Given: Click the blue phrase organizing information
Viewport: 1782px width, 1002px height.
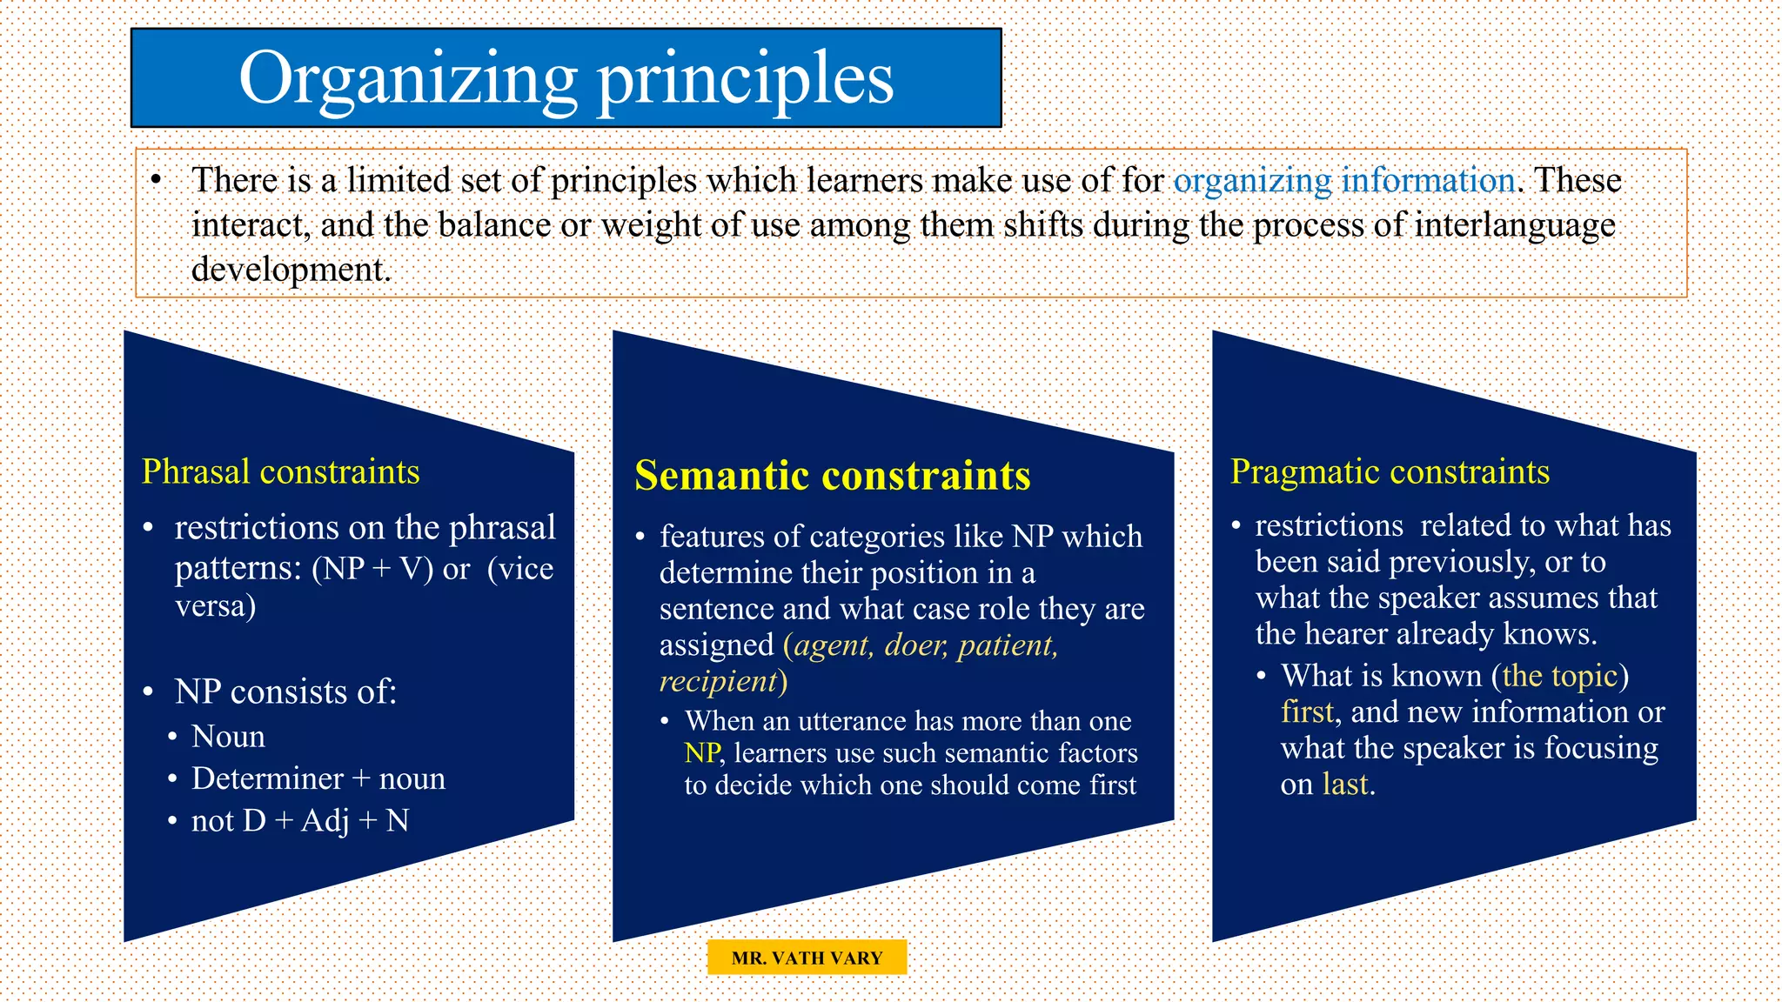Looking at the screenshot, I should pyautogui.click(x=1343, y=181).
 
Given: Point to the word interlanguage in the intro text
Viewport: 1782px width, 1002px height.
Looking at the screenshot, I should pyautogui.click(x=1515, y=225).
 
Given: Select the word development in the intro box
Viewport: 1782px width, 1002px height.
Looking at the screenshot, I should pyautogui.click(x=290, y=270).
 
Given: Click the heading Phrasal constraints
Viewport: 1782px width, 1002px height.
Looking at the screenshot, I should pyautogui.click(x=280, y=472).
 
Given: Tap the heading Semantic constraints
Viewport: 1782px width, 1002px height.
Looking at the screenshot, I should pyautogui.click(x=832, y=477).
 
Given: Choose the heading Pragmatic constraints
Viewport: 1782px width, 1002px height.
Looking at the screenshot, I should pyautogui.click(x=1390, y=472).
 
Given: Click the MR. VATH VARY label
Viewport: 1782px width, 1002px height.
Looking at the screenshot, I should pyautogui.click(x=807, y=958).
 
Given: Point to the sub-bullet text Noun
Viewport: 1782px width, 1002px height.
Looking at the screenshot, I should pyautogui.click(x=228, y=737).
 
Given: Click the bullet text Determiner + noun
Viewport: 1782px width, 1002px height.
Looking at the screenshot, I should pyautogui.click(x=318, y=778).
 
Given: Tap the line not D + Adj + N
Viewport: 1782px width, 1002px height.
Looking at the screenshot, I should pyautogui.click(x=299, y=821).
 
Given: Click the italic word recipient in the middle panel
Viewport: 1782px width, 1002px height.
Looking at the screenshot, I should pyautogui.click(x=718, y=681).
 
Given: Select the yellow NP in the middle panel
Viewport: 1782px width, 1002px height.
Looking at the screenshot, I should pyautogui.click(x=701, y=753).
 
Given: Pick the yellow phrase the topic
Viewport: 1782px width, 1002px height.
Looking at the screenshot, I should pyautogui.click(x=1559, y=676).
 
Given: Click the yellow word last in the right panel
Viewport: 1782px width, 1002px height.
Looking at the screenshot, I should pyautogui.click(x=1345, y=785).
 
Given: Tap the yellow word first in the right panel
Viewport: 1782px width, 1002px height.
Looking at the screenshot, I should pyautogui.click(x=1307, y=712).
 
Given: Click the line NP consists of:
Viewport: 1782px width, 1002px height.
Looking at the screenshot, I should pyautogui.click(x=285, y=692).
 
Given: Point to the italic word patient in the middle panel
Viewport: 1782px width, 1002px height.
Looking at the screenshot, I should pyautogui.click(x=1007, y=645).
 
